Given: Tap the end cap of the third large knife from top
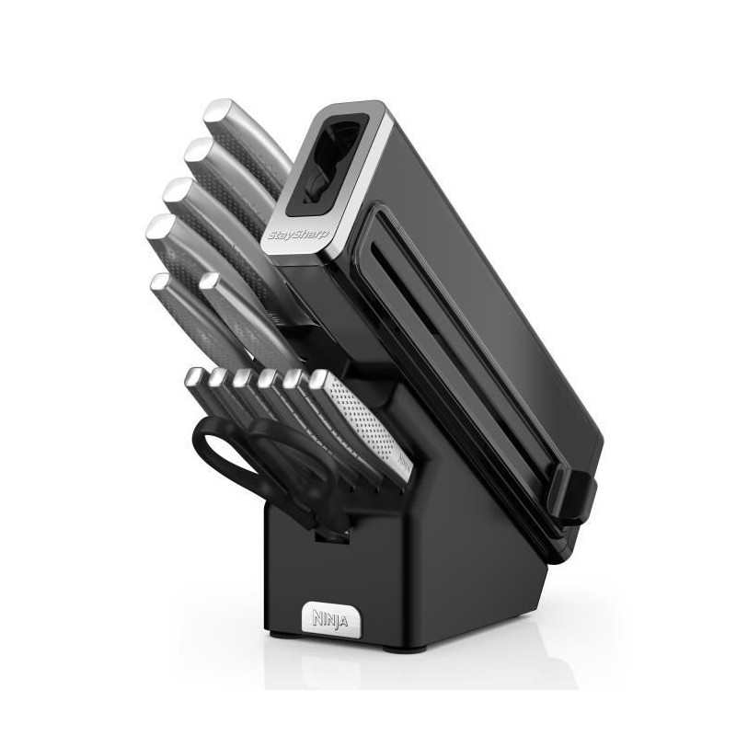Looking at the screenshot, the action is tap(179, 190).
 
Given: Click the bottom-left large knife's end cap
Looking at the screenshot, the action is tap(159, 283).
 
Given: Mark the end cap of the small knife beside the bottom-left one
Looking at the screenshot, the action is tap(209, 282).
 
